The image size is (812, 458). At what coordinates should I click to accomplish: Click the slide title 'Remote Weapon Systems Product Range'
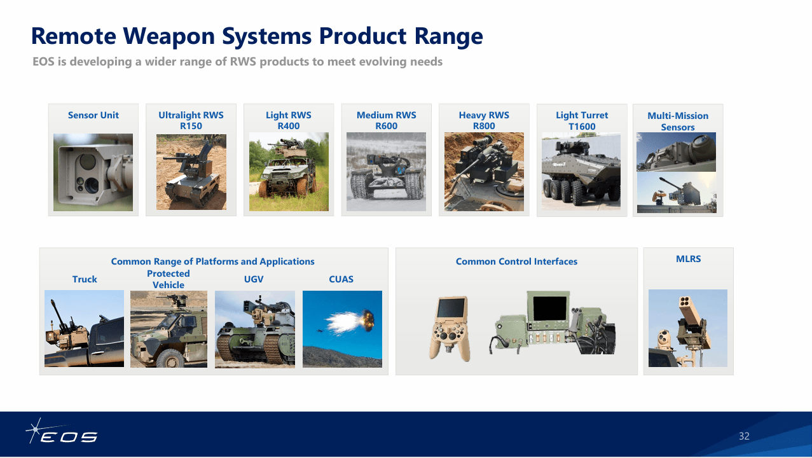tap(257, 36)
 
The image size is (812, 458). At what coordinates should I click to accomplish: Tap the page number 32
tap(744, 436)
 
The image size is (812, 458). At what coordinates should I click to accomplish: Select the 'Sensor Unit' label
tap(93, 115)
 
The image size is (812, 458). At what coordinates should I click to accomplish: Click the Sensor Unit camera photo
tap(93, 172)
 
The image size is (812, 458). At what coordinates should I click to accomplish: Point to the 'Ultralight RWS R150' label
tap(191, 120)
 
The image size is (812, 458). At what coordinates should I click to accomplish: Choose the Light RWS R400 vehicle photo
tap(289, 172)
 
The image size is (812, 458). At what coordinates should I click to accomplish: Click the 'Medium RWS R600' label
tap(386, 120)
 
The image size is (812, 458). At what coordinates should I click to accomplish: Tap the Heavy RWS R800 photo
tap(484, 172)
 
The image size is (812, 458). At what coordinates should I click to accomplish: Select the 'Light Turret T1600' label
tap(582, 120)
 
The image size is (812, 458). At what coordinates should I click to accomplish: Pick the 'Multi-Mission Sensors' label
tap(678, 121)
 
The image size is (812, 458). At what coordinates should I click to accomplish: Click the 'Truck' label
tap(85, 279)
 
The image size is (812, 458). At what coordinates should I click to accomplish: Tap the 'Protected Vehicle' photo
tap(169, 329)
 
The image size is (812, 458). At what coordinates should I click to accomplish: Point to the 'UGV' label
tap(254, 279)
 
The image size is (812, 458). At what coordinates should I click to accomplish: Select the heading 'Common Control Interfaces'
tap(516, 261)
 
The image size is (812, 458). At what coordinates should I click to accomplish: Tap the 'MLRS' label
tap(688, 259)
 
